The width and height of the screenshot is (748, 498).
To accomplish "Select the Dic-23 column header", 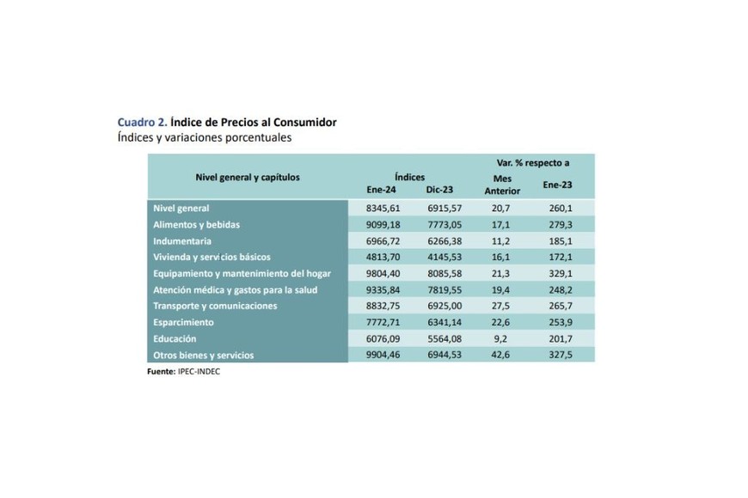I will [x=438, y=190].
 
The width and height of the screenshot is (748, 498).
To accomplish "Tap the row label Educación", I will [x=175, y=339].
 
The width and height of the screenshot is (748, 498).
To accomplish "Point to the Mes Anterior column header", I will [x=502, y=185].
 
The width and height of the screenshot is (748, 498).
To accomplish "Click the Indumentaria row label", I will [x=181, y=241].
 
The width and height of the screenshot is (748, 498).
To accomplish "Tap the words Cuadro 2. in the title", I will [x=142, y=122].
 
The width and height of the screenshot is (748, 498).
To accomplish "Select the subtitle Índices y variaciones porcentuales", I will [x=205, y=137].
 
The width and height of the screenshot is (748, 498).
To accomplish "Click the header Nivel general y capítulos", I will [x=248, y=177].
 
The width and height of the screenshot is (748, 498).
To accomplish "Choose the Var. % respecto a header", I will [x=533, y=162].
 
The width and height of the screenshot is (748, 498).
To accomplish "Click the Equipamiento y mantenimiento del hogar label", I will [x=242, y=274].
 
